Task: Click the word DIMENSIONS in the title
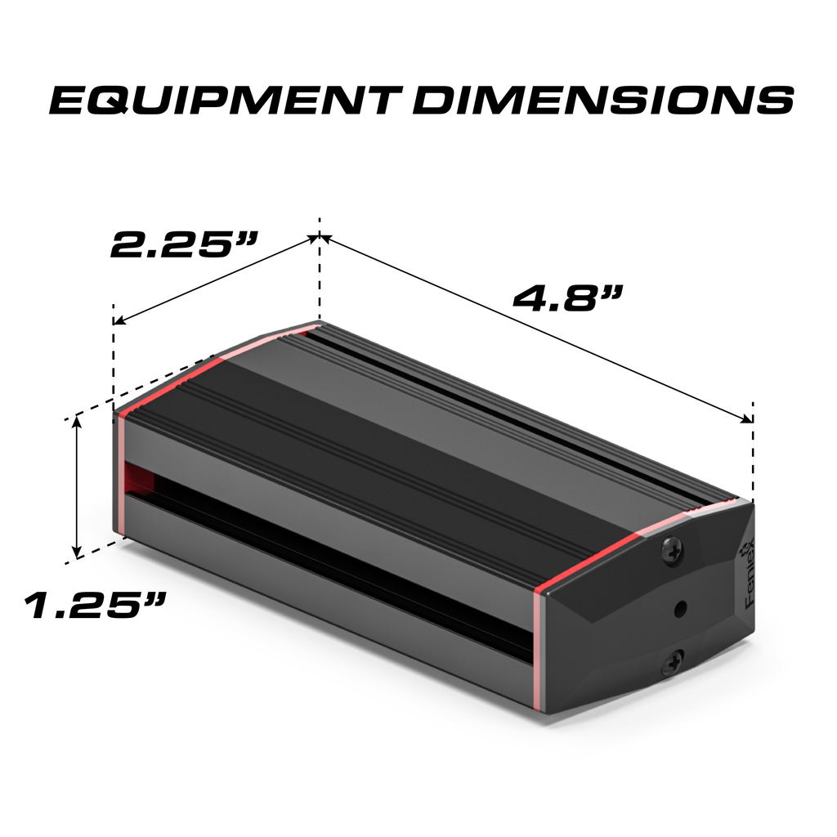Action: [x=603, y=100]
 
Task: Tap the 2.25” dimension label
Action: [x=185, y=244]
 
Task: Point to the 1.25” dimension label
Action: [x=95, y=606]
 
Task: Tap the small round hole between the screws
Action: [x=679, y=608]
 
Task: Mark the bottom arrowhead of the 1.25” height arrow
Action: [x=78, y=553]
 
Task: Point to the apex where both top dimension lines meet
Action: [x=320, y=238]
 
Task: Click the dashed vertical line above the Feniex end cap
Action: [x=753, y=450]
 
